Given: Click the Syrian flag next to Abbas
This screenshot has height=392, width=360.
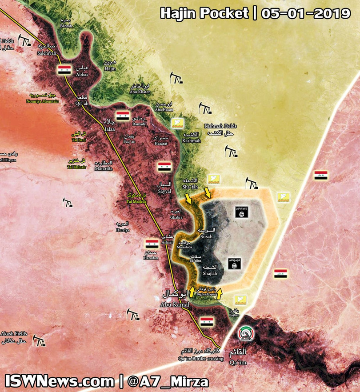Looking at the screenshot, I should (64, 70).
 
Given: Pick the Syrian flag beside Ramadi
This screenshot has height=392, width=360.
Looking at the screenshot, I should (123, 116).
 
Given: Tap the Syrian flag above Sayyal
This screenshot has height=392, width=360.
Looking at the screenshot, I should (164, 167).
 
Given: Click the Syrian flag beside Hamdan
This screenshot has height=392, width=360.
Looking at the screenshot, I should (152, 244).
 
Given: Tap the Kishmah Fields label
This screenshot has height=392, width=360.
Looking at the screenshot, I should (221, 129).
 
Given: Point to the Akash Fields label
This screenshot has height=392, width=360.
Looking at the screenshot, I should (14, 337).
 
